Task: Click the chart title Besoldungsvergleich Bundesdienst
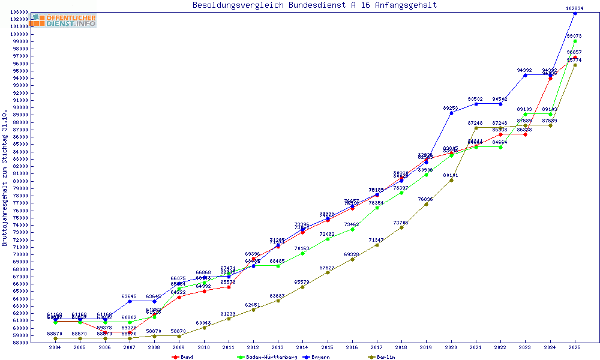tap(314, 5)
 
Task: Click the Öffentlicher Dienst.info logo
tap(64, 20)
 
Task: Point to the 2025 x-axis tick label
tap(575, 347)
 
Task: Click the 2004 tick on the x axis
tap(55, 347)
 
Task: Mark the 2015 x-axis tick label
tap(327, 347)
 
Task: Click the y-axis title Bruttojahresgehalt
tap(5, 178)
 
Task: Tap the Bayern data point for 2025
tap(575, 13)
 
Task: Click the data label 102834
tap(575, 8)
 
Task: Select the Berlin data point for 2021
tap(476, 128)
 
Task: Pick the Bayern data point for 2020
tap(451, 113)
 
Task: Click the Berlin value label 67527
tap(327, 268)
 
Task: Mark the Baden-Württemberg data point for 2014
tap(302, 253)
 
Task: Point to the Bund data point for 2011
tap(228, 287)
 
